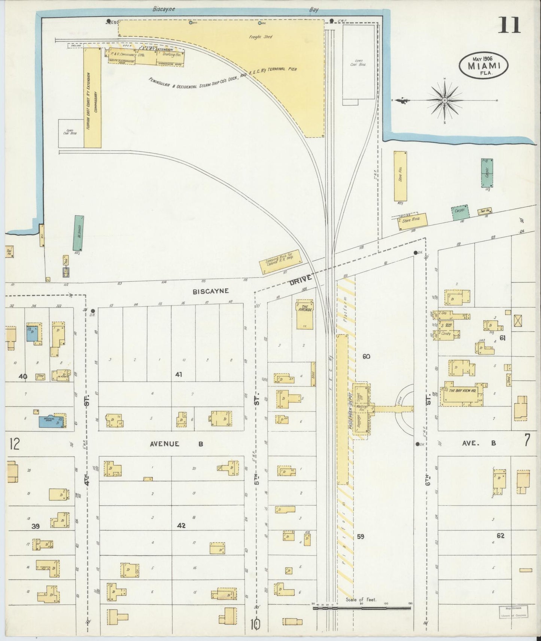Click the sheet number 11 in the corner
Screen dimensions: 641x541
click(509, 25)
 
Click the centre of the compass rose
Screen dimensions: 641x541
click(444, 100)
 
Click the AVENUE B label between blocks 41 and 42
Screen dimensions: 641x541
click(176, 444)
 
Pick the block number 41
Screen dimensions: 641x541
click(178, 374)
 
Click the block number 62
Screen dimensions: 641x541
click(500, 536)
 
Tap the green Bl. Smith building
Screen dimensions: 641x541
click(78, 233)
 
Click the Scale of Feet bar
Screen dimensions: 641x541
click(361, 608)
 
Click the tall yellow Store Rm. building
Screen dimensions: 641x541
click(400, 176)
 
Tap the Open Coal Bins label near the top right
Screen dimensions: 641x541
click(359, 62)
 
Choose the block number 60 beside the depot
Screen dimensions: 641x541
click(366, 356)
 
